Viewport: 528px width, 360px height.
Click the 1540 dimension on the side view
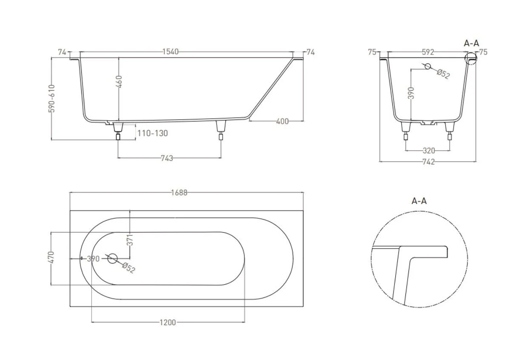(171, 51)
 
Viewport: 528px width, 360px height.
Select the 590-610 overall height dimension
(51, 99)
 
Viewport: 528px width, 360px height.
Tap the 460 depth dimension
(119, 82)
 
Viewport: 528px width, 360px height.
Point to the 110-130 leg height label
(152, 134)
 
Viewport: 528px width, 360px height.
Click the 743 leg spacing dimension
(167, 158)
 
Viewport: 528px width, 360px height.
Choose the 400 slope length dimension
(282, 121)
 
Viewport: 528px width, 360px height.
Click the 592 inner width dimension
(428, 52)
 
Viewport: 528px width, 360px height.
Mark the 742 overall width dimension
(428, 162)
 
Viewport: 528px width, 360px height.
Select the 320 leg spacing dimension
(429, 150)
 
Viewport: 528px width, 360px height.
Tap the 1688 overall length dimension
(179, 193)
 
